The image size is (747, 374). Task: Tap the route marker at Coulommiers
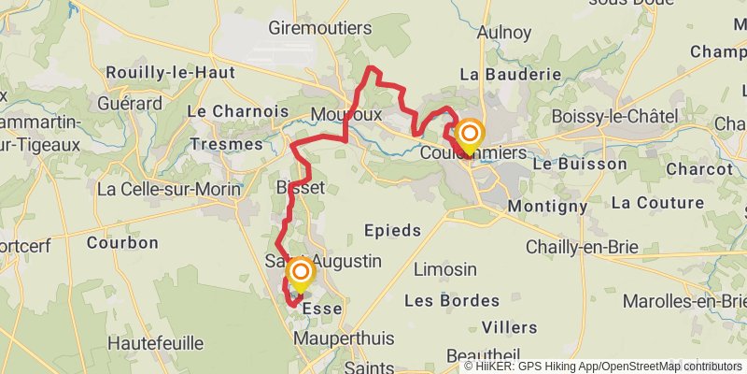point(469,137)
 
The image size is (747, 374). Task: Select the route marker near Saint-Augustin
point(301,273)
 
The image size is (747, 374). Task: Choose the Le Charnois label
point(238,110)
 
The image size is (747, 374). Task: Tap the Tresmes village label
point(226,144)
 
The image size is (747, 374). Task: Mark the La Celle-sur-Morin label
point(169,189)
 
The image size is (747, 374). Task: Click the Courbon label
point(122,242)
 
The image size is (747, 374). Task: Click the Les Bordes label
point(439,301)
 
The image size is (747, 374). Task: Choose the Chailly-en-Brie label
point(582,246)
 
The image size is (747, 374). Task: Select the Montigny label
point(547,206)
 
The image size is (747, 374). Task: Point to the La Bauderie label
point(510,73)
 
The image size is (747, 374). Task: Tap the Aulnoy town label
point(503,32)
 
